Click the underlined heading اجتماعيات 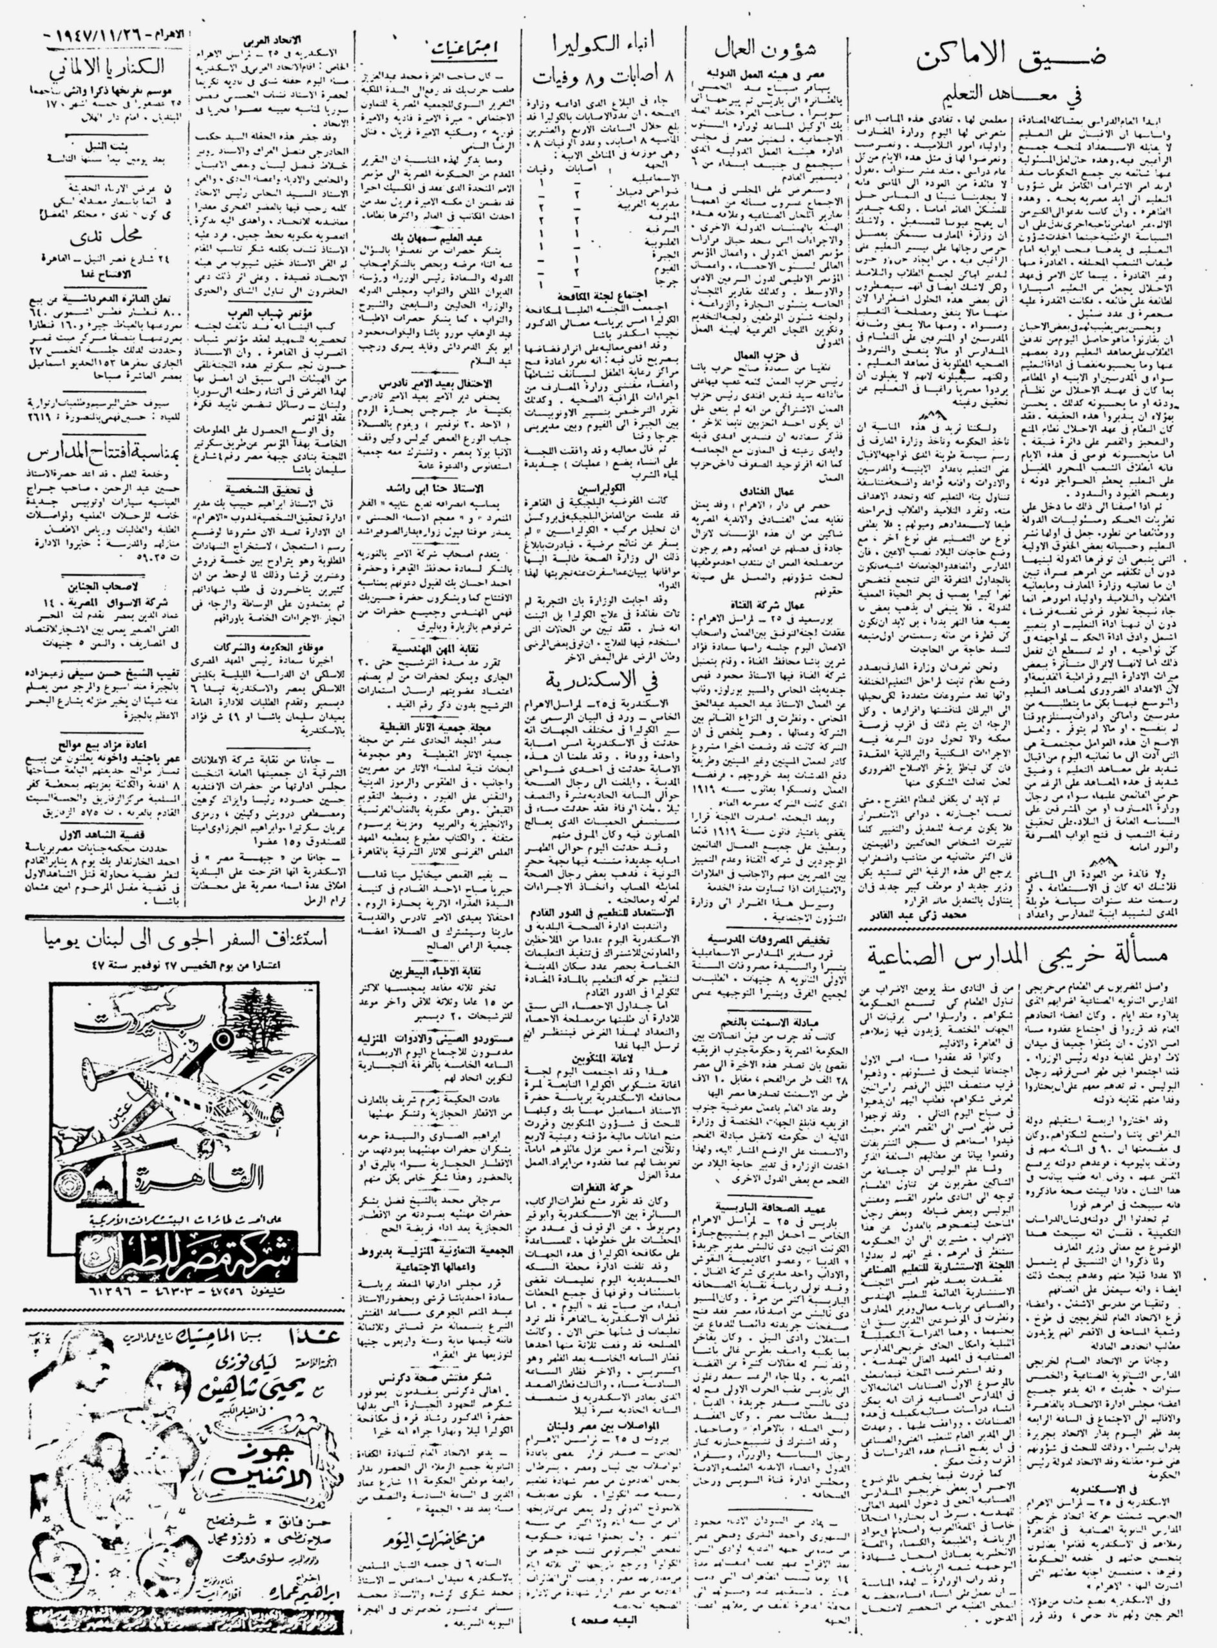click(x=465, y=48)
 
